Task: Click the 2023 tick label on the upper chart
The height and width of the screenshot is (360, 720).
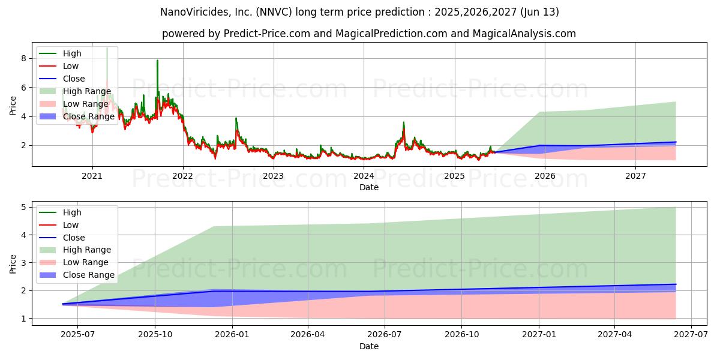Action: [x=273, y=176]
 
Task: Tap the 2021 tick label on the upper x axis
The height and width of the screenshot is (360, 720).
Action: [x=92, y=176]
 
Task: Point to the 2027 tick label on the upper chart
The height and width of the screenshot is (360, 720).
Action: [x=635, y=176]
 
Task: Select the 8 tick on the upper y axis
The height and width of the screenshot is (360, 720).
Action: [x=23, y=59]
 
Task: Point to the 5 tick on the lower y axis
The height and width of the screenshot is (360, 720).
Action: [x=23, y=208]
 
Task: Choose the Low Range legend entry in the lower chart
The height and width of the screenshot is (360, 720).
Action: [x=86, y=262]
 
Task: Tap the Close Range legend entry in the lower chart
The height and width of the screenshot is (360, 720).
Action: [x=88, y=275]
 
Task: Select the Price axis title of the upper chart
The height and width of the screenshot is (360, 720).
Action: [x=13, y=105]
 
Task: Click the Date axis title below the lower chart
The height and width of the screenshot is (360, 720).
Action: [x=368, y=346]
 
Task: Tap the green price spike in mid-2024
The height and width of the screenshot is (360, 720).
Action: [x=403, y=124]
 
